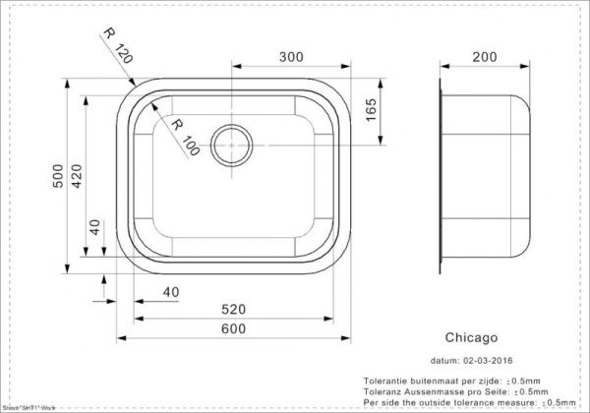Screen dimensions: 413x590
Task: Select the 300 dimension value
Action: click(291, 58)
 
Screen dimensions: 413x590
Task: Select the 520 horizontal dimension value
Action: click(235, 310)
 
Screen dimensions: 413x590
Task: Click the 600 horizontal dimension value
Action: click(235, 329)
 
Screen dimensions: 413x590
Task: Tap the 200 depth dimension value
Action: click(483, 58)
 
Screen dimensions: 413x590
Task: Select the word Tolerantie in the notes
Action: click(384, 381)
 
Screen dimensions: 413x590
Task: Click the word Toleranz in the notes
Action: click(382, 391)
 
